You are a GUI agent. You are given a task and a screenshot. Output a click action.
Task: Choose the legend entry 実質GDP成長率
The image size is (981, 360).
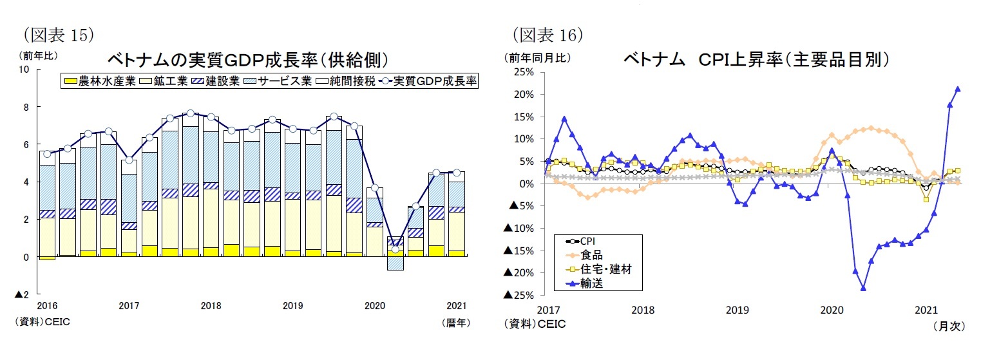coord(428,82)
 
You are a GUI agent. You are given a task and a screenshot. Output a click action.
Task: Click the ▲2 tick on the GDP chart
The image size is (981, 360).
coord(23,294)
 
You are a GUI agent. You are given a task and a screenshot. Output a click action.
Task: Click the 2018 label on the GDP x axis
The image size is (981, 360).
coord(211,305)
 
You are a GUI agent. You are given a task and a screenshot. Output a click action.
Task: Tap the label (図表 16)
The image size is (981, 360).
coord(548,33)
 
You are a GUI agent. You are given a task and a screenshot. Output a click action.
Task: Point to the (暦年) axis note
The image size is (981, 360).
coord(455,322)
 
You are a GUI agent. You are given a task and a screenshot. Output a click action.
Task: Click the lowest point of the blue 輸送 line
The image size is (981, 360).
coord(863,288)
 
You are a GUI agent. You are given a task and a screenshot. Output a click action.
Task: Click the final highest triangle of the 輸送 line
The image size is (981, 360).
coord(958,89)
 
